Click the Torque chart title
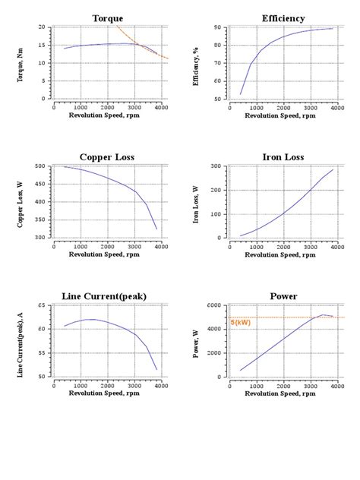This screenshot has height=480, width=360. tap(107, 18)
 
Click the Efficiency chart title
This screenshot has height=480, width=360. tap(283, 18)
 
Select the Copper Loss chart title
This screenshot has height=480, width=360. tap(107, 157)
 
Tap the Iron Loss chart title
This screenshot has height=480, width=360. tap(283, 157)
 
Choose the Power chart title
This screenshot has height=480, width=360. tap(283, 296)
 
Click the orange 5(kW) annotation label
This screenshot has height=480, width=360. tap(240, 323)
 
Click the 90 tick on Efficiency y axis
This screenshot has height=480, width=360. tap(217, 27)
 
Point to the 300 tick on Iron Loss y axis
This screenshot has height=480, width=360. tap(216, 166)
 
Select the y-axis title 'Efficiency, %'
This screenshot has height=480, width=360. tap(196, 64)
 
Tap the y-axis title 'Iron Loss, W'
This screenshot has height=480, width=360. tap(196, 202)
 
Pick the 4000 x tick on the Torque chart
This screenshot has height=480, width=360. tap(161, 108)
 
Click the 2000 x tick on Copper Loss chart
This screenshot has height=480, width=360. tap(107, 247)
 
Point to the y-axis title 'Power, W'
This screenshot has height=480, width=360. tap(196, 341)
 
